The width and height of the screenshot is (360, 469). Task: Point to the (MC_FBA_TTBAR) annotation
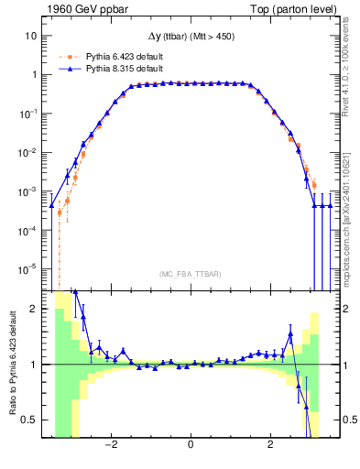(190, 274)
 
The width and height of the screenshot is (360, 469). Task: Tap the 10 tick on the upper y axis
(32, 36)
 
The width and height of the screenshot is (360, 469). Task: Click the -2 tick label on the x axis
(110, 446)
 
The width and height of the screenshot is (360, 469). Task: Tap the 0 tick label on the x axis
(191, 446)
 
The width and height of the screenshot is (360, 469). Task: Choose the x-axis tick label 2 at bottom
(270, 446)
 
